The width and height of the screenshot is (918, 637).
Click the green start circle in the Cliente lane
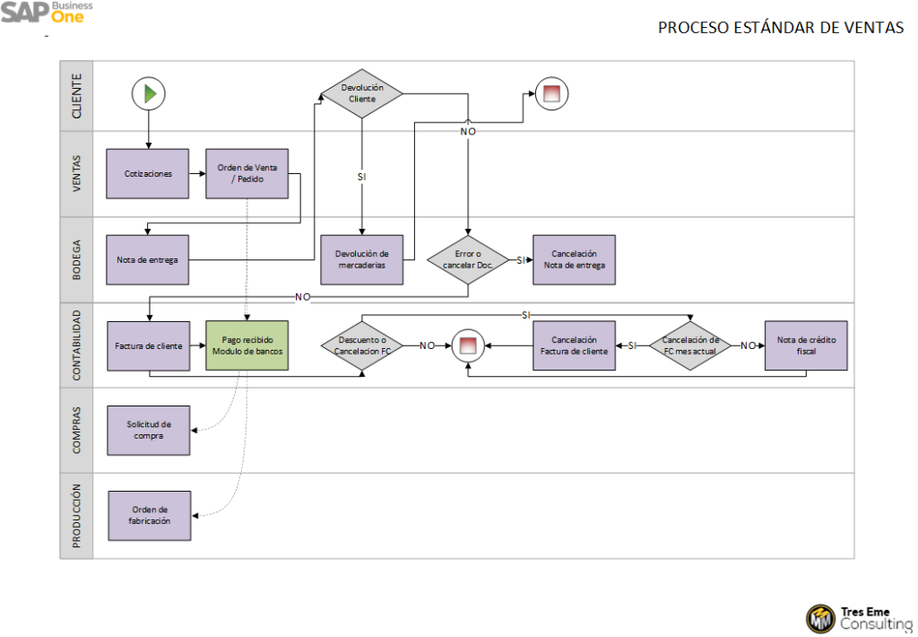[x=150, y=92]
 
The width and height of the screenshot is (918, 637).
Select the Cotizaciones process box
[x=148, y=173]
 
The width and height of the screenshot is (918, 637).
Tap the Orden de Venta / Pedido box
[x=247, y=173]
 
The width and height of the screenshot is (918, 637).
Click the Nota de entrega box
[x=148, y=259]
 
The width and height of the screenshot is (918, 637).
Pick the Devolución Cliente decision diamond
[x=362, y=93]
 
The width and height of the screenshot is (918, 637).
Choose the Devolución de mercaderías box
[x=362, y=259]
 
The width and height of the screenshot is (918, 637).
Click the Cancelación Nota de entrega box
[x=574, y=259]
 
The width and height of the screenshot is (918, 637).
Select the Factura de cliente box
[x=148, y=345]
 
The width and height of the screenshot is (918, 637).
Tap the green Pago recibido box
[x=247, y=345]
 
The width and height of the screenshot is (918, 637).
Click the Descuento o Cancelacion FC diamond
[x=362, y=345]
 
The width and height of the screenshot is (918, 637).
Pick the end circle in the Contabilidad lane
[x=467, y=345]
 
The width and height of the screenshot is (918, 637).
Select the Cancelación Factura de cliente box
[x=574, y=345]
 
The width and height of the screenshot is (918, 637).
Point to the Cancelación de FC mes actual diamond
[x=690, y=345]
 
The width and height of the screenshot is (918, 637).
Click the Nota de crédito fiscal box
[x=804, y=345]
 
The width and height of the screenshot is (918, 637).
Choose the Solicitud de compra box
[x=148, y=430]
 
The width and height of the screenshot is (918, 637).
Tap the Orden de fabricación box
[x=150, y=515]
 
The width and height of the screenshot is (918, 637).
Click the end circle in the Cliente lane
[x=551, y=93]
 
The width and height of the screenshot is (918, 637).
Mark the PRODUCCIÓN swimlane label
[x=76, y=515]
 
